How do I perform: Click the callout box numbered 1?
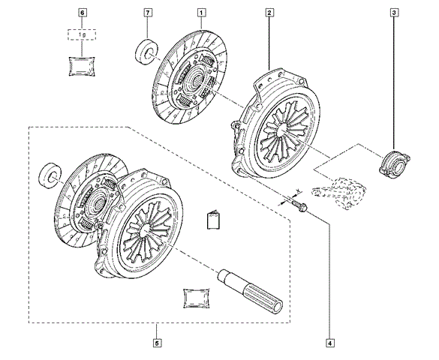pos(202,13)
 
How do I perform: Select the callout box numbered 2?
pos(269,13)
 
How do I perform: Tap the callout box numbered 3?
pos(394,13)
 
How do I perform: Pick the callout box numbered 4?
pos(330,343)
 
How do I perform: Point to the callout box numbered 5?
pos(158,343)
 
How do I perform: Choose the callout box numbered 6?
pos(82,13)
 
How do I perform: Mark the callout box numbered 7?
pos(148,13)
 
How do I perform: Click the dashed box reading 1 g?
pos(82,34)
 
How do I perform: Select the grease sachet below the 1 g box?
pos(82,67)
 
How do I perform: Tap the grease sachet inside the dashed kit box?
pos(197,298)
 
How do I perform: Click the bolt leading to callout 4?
pos(299,205)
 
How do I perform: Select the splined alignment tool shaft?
pos(250,292)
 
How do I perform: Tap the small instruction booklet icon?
pos(214,220)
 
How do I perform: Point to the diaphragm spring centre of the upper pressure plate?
pos(283,129)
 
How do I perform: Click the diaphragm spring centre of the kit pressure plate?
pos(146,229)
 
